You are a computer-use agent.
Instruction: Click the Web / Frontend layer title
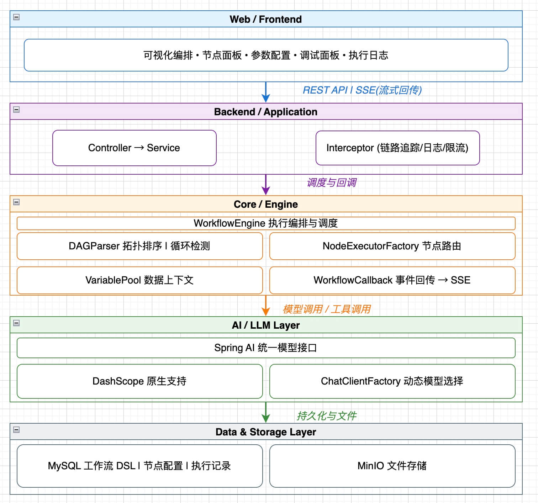pyautogui.click(x=265, y=19)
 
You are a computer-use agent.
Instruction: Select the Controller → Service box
pyautogui.click(x=134, y=148)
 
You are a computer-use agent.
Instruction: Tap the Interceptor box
pyautogui.click(x=397, y=148)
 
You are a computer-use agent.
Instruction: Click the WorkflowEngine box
pyautogui.click(x=265, y=223)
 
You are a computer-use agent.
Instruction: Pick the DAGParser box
pyautogui.click(x=139, y=246)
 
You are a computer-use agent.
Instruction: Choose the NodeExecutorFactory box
pyautogui.click(x=392, y=246)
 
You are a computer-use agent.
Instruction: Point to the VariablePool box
pyautogui.click(x=139, y=280)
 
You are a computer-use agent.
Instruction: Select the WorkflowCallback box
pyautogui.click(x=392, y=280)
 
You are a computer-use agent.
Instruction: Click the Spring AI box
pyautogui.click(x=265, y=348)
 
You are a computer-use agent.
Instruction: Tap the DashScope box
pyautogui.click(x=139, y=381)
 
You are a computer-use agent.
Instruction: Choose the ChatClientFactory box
pyautogui.click(x=392, y=381)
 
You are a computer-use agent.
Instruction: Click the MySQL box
pyautogui.click(x=139, y=466)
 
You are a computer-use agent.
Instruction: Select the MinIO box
pyautogui.click(x=392, y=466)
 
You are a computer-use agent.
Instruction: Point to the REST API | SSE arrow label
pyautogui.click(x=362, y=90)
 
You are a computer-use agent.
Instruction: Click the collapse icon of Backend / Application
pyautogui.click(x=16, y=110)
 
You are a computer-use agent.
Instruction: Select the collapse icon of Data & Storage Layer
pyautogui.click(x=16, y=430)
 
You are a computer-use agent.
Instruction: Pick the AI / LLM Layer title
pyautogui.click(x=265, y=325)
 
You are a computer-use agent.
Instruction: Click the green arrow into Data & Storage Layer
pyautogui.click(x=266, y=413)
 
